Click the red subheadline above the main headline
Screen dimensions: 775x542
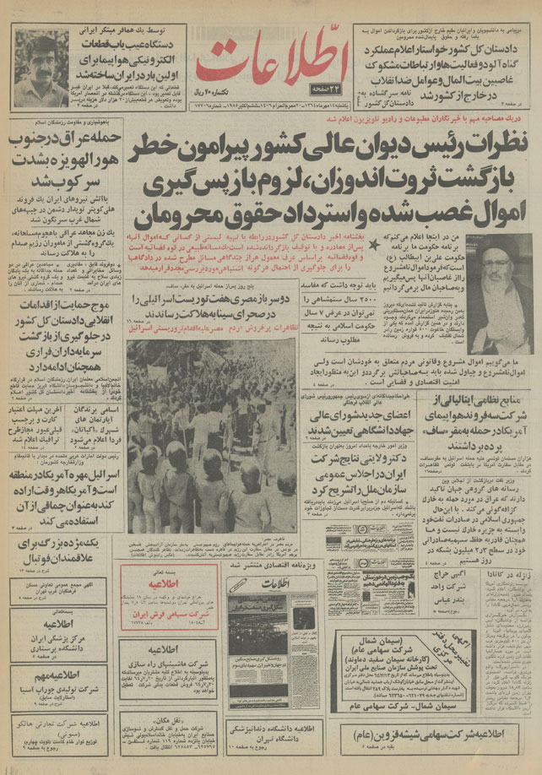pyautogui.click(x=321, y=119)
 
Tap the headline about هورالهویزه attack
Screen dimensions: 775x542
pyautogui.click(x=59, y=156)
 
